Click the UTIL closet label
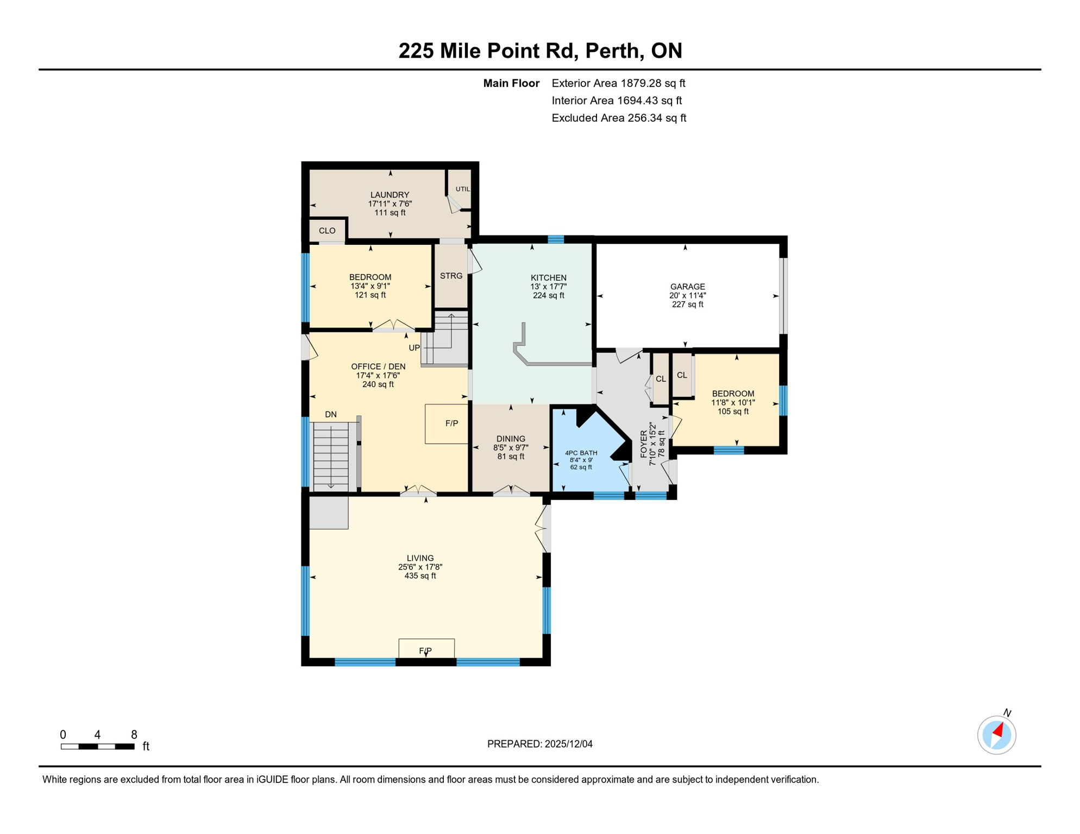[x=462, y=189]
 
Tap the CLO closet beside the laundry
[x=326, y=231]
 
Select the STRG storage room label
[x=451, y=276]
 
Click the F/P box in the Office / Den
[x=451, y=424]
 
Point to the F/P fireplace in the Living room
[x=426, y=650]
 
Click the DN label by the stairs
[x=331, y=414]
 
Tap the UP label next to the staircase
[x=414, y=347]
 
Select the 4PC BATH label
[x=581, y=453]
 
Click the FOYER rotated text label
[x=644, y=444]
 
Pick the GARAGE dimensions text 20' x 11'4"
[x=687, y=295]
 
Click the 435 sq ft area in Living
[x=420, y=576]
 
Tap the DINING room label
[x=511, y=439]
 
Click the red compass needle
[x=998, y=730]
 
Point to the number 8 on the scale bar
[x=134, y=735]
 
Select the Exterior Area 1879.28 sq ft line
[x=618, y=83]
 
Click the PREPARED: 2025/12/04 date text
[x=539, y=744]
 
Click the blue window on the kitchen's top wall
[x=555, y=239]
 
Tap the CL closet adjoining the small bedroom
[x=682, y=375]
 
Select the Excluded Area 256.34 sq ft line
[x=619, y=118]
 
